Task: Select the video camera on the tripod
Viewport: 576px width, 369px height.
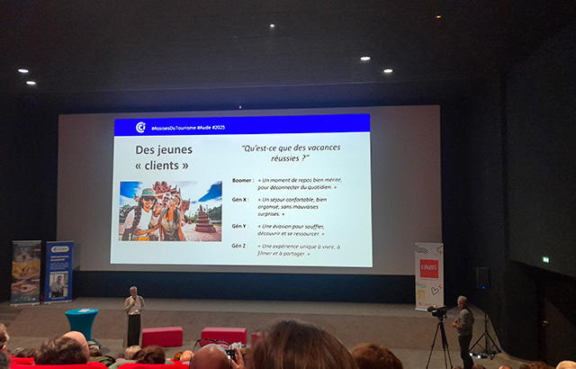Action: tap(438, 311)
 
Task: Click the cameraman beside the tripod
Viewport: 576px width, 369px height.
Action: tap(463, 328)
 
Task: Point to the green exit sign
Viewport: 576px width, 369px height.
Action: tap(545, 259)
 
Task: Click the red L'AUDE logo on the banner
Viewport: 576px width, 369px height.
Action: tap(429, 268)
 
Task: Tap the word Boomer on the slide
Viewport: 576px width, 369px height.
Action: tap(242, 180)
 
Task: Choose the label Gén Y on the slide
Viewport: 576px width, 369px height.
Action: tap(239, 226)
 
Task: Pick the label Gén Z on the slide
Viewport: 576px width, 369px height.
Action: tap(239, 246)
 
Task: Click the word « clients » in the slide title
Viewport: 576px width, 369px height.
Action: tap(162, 166)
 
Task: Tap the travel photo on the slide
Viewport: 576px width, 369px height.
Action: tap(170, 211)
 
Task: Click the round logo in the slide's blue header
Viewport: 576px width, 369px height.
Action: tap(141, 127)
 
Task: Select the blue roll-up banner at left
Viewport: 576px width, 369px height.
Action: tap(59, 272)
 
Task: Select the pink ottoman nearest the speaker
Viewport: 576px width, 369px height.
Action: tap(162, 337)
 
